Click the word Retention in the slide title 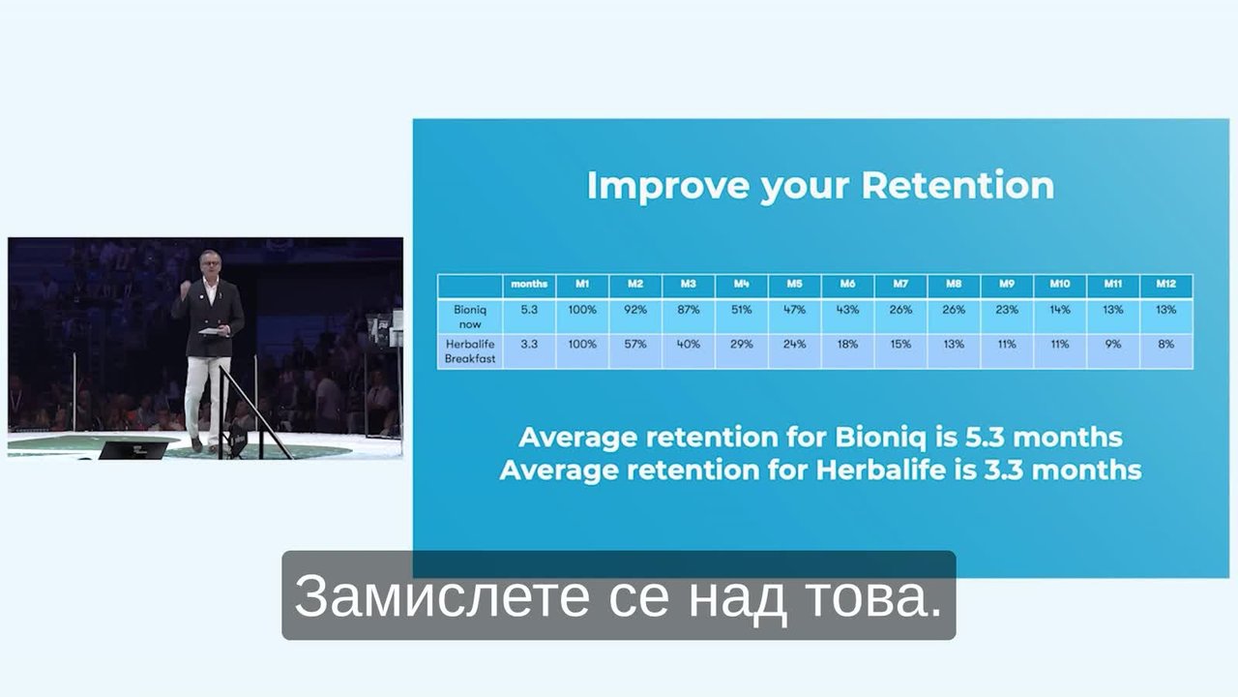pos(958,185)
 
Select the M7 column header pos(900,284)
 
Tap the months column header pos(529,284)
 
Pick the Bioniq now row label pos(470,317)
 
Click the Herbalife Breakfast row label pos(470,351)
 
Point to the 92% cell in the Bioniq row pos(635,310)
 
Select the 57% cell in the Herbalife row pos(635,344)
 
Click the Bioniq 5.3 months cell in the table pos(529,310)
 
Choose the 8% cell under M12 pos(1166,344)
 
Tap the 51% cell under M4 pos(741,310)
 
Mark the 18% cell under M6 pos(847,344)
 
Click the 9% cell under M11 pos(1113,344)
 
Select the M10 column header pos(1060,284)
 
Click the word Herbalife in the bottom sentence pos(881,470)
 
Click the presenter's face pos(210,264)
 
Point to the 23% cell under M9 pos(1007,310)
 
